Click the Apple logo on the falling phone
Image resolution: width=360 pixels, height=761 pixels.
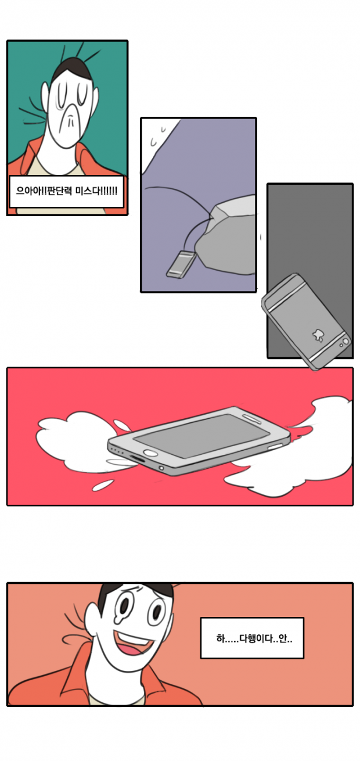tap(318, 335)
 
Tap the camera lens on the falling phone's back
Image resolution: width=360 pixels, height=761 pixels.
tap(345, 341)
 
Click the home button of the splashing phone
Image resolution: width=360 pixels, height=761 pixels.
tap(151, 453)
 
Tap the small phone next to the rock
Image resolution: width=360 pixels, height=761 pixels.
tap(181, 264)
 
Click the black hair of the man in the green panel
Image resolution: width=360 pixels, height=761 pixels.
tap(73, 67)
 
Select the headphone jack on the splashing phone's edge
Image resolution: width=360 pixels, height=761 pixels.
tap(161, 468)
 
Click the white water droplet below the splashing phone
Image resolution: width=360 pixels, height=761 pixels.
tap(103, 485)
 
